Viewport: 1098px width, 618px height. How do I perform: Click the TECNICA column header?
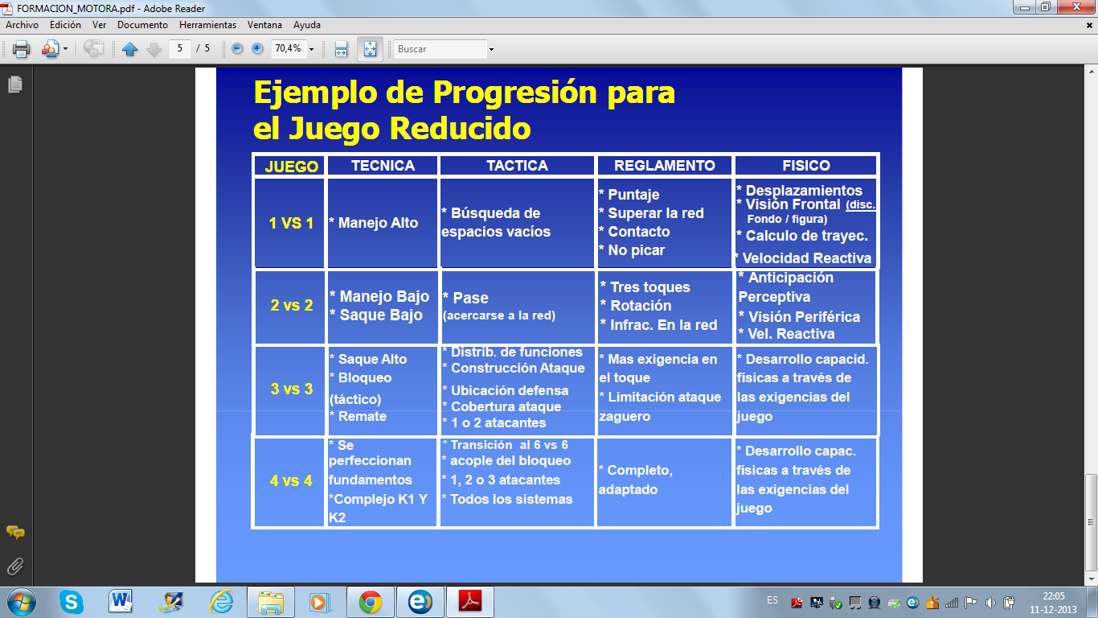tap(383, 166)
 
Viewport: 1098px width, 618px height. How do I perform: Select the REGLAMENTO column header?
tap(664, 166)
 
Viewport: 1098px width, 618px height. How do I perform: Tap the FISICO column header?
tap(806, 166)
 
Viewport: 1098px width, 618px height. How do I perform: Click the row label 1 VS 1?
tap(291, 224)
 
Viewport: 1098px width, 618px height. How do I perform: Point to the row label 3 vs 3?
tap(292, 389)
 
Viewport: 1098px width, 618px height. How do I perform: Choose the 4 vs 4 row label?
tap(291, 480)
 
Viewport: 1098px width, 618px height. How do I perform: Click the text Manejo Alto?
tap(378, 223)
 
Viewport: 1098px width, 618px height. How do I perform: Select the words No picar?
tap(637, 250)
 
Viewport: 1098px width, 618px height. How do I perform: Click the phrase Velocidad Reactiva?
tap(806, 258)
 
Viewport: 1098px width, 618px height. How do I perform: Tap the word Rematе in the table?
tap(363, 416)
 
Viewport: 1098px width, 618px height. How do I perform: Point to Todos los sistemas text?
tap(511, 499)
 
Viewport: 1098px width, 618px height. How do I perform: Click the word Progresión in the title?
tap(514, 93)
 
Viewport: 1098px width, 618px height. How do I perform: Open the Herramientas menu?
tap(207, 25)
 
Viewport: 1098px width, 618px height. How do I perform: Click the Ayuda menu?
tap(307, 25)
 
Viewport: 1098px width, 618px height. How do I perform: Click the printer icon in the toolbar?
tap(21, 49)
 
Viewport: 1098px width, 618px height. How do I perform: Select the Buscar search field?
tap(440, 49)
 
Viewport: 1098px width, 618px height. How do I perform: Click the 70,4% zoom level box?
tap(289, 48)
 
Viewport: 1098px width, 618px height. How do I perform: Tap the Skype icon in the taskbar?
tap(71, 602)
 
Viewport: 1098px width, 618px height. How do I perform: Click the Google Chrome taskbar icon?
tap(370, 602)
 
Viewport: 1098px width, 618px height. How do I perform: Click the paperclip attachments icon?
tap(14, 567)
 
